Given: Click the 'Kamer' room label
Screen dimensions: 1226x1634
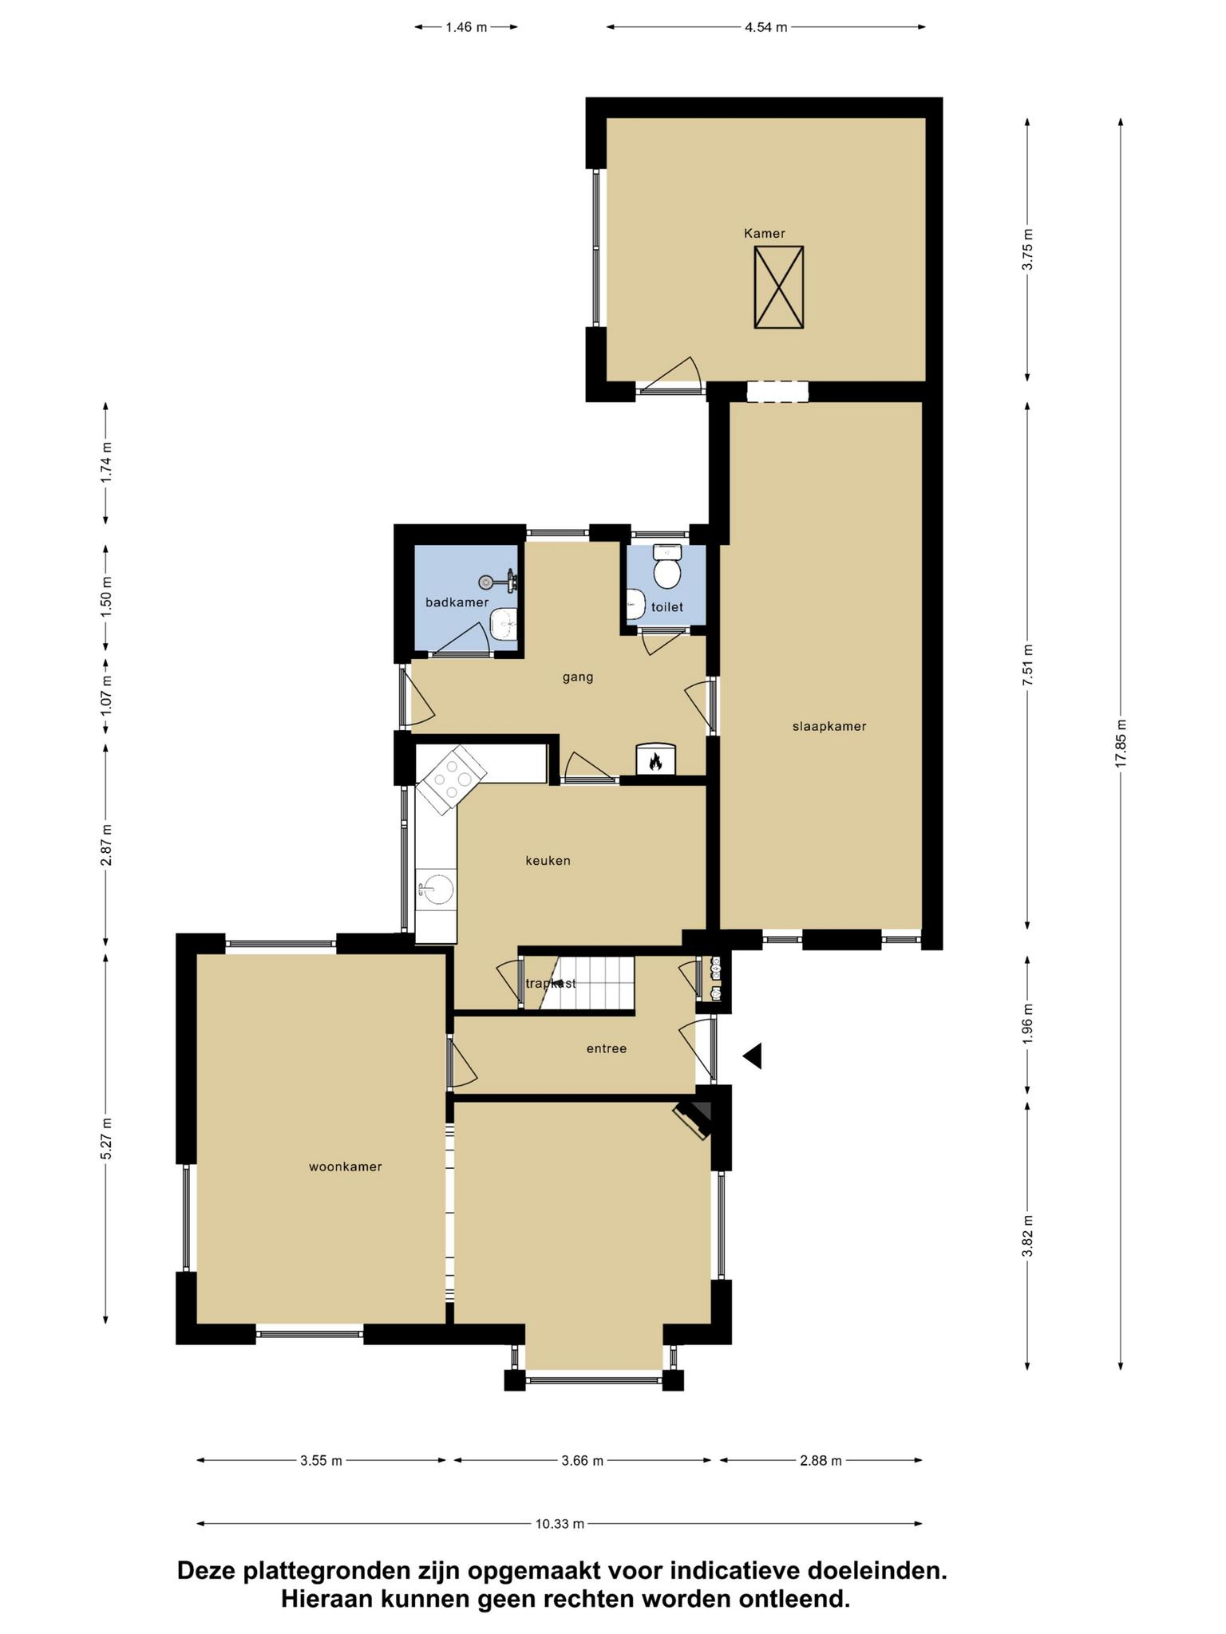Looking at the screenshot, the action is tap(764, 234).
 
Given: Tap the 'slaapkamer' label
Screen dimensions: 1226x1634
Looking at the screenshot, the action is tap(829, 727).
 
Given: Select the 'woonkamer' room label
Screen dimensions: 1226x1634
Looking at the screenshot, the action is tap(345, 1167).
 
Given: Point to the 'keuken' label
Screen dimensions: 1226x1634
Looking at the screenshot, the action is tap(548, 861).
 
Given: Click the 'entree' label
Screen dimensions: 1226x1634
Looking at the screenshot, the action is tap(607, 1048).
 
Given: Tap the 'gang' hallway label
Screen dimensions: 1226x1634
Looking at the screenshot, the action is tap(578, 677).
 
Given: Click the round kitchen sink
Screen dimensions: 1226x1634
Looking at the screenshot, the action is tap(436, 887).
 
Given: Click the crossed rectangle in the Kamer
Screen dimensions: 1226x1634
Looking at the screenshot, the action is tap(778, 287).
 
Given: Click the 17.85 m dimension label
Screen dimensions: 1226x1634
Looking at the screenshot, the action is tap(1121, 744).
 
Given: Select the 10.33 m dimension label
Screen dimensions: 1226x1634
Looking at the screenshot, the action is tap(560, 1524).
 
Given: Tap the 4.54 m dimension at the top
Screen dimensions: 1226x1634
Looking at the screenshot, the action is tap(766, 27).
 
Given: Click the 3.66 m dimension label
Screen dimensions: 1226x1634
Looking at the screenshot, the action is tap(583, 1461).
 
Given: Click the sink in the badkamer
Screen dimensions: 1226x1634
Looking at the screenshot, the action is tap(503, 624).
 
